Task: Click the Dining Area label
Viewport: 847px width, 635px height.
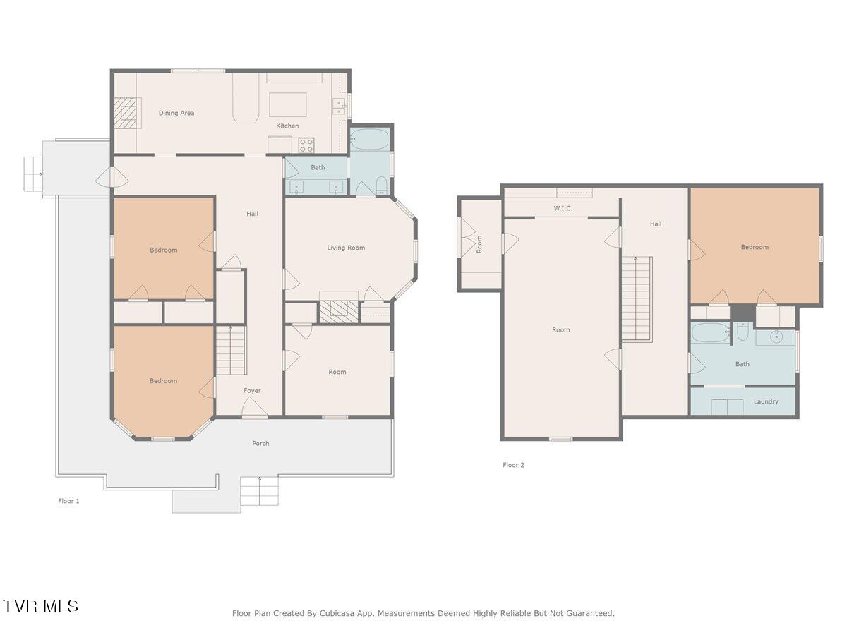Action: [176, 113]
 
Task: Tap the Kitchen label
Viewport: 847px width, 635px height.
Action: [287, 126]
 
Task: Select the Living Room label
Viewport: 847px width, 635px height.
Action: [346, 248]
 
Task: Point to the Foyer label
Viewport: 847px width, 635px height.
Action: [252, 391]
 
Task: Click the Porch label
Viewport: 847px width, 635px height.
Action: [260, 443]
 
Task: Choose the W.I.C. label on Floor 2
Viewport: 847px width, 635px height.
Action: [563, 208]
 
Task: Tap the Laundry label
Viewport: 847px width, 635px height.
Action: [766, 401]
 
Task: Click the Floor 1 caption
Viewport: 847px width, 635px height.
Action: [68, 501]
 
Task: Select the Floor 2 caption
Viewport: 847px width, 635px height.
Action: [513, 465]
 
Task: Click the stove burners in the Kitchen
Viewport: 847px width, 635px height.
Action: [306, 146]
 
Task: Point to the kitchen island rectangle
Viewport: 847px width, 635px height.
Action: [288, 104]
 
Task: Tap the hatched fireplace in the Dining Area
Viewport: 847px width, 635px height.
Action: [125, 113]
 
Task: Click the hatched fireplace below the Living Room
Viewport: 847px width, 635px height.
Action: [338, 311]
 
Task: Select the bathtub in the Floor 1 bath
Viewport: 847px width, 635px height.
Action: [368, 139]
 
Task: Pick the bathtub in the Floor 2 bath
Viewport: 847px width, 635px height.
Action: [710, 333]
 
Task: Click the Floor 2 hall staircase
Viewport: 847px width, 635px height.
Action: [637, 298]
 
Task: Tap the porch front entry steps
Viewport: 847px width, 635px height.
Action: [259, 491]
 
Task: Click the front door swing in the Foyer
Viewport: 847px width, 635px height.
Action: [254, 407]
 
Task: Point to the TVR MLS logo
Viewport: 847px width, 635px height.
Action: [40, 606]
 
